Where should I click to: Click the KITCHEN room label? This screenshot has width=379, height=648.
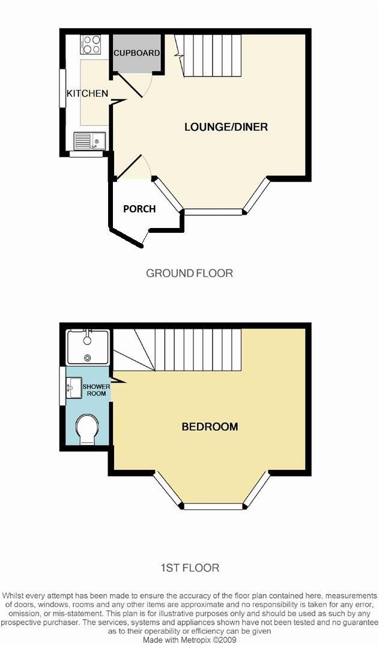[x=87, y=93]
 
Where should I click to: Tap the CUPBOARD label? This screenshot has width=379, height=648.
[x=137, y=53]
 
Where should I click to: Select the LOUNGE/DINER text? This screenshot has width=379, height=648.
[x=226, y=127]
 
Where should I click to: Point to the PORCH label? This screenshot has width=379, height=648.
[x=139, y=209]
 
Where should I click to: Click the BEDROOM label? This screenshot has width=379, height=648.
[x=210, y=427]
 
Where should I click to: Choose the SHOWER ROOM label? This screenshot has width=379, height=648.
[x=96, y=390]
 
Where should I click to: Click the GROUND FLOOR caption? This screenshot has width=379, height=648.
[x=189, y=273]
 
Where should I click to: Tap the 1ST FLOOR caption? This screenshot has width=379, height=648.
[x=189, y=567]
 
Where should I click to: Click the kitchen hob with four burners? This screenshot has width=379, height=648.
[x=91, y=44]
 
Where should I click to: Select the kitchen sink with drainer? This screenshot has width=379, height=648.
[x=89, y=141]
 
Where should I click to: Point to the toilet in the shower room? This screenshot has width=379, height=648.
[x=88, y=428]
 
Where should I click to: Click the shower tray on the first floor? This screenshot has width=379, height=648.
[x=88, y=347]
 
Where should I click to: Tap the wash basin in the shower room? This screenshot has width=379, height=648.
[x=74, y=387]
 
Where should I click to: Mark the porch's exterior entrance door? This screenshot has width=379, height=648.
[x=145, y=238]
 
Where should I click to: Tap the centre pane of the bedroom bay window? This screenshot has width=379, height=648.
[x=214, y=506]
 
